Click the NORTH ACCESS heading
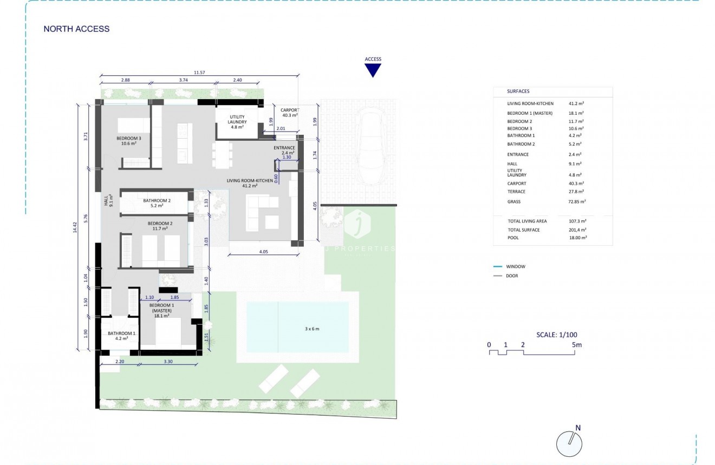(x=76, y=29)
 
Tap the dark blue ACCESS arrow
(x=373, y=70)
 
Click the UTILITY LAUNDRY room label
(x=237, y=120)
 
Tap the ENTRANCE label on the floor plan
(x=284, y=148)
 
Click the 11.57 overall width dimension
(x=199, y=73)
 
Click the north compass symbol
(x=569, y=444)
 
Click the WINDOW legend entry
(x=516, y=266)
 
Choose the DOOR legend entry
(x=512, y=276)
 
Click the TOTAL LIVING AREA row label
(x=527, y=221)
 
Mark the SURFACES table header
(x=518, y=91)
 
